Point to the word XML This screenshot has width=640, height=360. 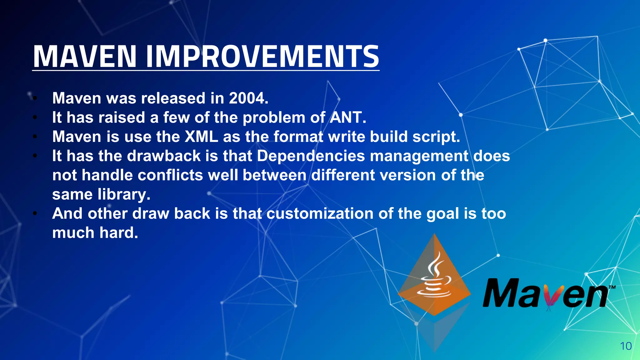pyautogui.click(x=201, y=137)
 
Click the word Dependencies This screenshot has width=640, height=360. pyautogui.click(x=311, y=156)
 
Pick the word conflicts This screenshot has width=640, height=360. pyautogui.click(x=170, y=175)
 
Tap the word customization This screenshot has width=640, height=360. pyautogui.click(x=320, y=213)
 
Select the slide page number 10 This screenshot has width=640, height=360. pyautogui.click(x=626, y=346)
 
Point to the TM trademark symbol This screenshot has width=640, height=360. pyautogui.click(x=612, y=287)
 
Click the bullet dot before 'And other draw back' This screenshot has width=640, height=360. pyautogui.click(x=35, y=214)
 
